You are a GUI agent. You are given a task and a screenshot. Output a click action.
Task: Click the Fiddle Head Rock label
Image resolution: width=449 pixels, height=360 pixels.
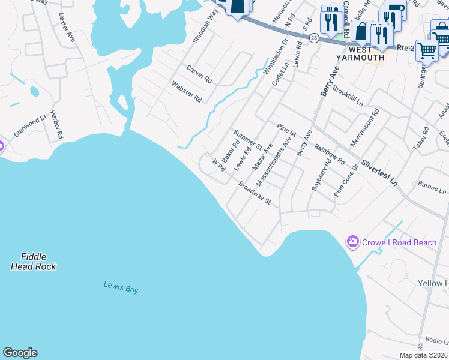tap(34, 262)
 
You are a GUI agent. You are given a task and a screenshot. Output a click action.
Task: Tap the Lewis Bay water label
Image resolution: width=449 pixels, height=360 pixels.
tap(121, 288)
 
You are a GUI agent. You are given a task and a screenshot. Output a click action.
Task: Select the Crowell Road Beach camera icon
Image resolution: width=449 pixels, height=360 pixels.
tap(352, 242)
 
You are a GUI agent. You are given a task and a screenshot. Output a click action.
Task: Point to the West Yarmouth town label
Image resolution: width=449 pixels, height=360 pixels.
tap(360, 53)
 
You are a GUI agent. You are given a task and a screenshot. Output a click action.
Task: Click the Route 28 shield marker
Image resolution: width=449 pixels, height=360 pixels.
tap(314, 37)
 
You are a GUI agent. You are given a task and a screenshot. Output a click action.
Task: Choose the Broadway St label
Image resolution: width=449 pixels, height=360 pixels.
tap(255, 194)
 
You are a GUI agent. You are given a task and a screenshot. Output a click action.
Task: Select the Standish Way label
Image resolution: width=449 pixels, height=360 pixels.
tap(205, 26)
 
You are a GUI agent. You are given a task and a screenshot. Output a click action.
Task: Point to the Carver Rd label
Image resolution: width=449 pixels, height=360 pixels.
tap(199, 74)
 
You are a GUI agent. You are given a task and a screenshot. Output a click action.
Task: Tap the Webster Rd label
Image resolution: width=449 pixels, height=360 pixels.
tap(187, 92)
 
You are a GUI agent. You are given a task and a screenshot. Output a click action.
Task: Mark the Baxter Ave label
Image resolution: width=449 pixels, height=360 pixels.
tap(67, 27)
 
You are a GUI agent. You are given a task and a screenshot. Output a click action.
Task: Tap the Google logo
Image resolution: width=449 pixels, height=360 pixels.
tap(20, 353)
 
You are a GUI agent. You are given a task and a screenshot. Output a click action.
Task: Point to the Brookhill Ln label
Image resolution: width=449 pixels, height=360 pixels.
tap(348, 97)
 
